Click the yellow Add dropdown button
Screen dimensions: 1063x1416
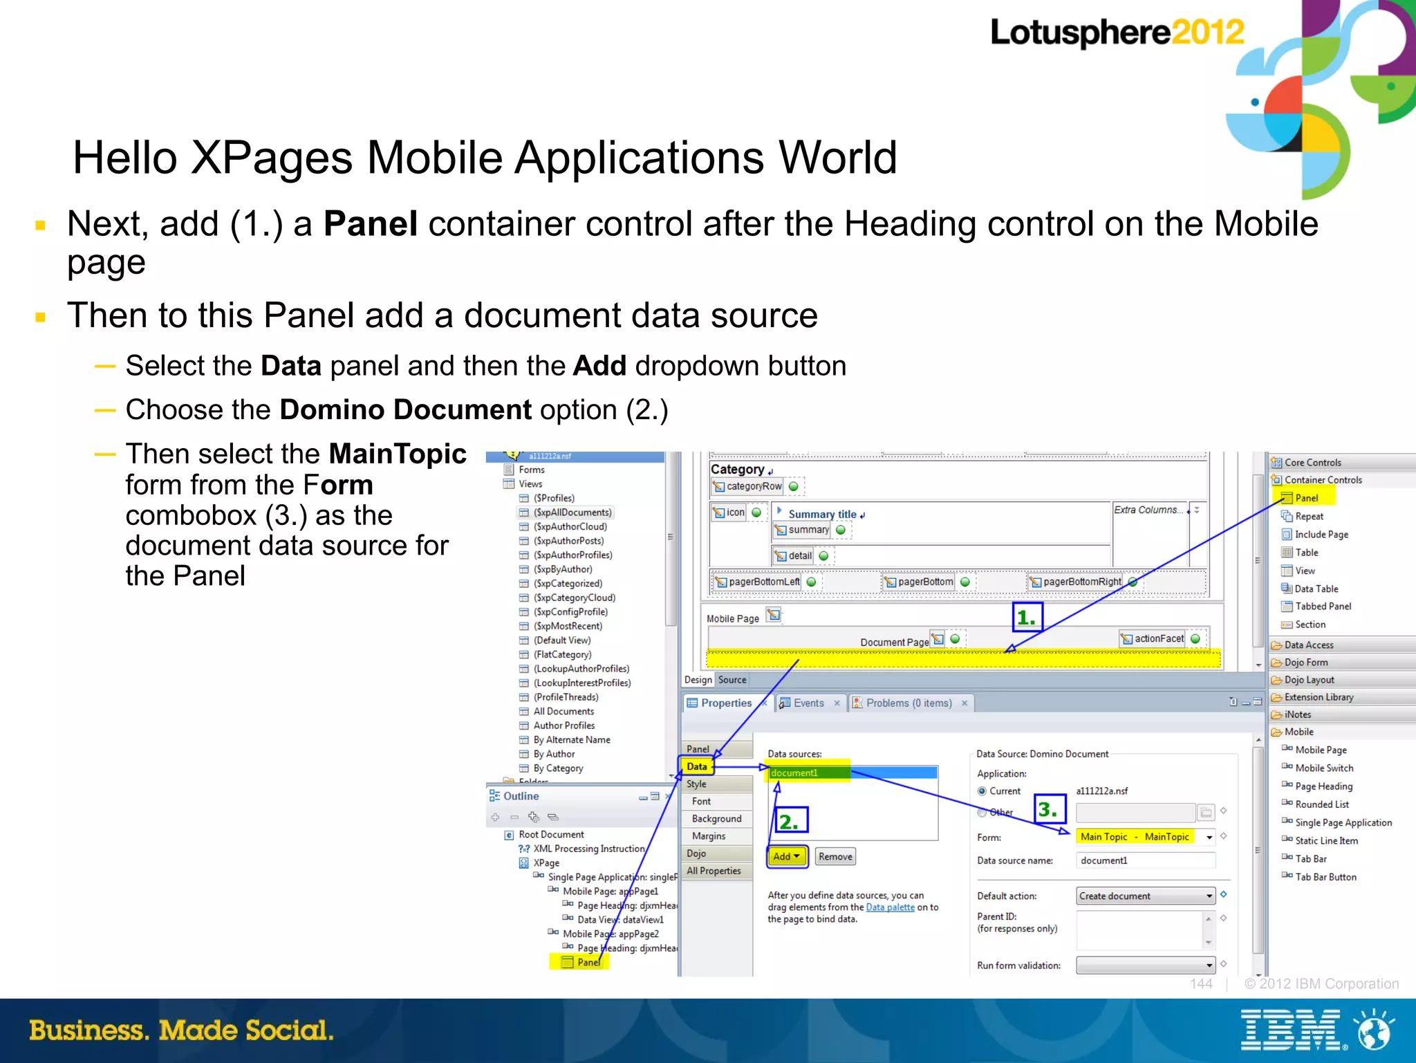[786, 856]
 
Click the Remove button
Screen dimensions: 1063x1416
[835, 856]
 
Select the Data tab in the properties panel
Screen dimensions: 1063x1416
[697, 766]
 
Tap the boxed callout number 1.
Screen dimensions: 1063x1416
[1027, 617]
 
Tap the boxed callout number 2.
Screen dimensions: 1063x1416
[790, 821]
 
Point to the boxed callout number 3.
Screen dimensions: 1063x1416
[1049, 809]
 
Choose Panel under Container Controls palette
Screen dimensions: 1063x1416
[1306, 498]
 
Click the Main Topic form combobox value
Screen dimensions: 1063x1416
[1135, 837]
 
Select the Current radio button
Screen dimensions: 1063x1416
[982, 791]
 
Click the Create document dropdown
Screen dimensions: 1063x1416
[1145, 896]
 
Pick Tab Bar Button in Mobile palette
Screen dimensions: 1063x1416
[1325, 877]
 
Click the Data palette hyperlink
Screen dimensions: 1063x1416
[890, 907]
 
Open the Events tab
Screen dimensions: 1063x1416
[808, 703]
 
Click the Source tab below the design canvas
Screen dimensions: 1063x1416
[732, 680]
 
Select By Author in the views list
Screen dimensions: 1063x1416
[554, 754]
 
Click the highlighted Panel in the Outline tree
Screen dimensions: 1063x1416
[588, 962]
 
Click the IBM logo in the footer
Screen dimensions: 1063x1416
[1290, 1030]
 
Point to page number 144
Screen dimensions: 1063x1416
[1201, 983]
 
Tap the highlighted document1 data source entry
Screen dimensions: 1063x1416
[795, 773]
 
